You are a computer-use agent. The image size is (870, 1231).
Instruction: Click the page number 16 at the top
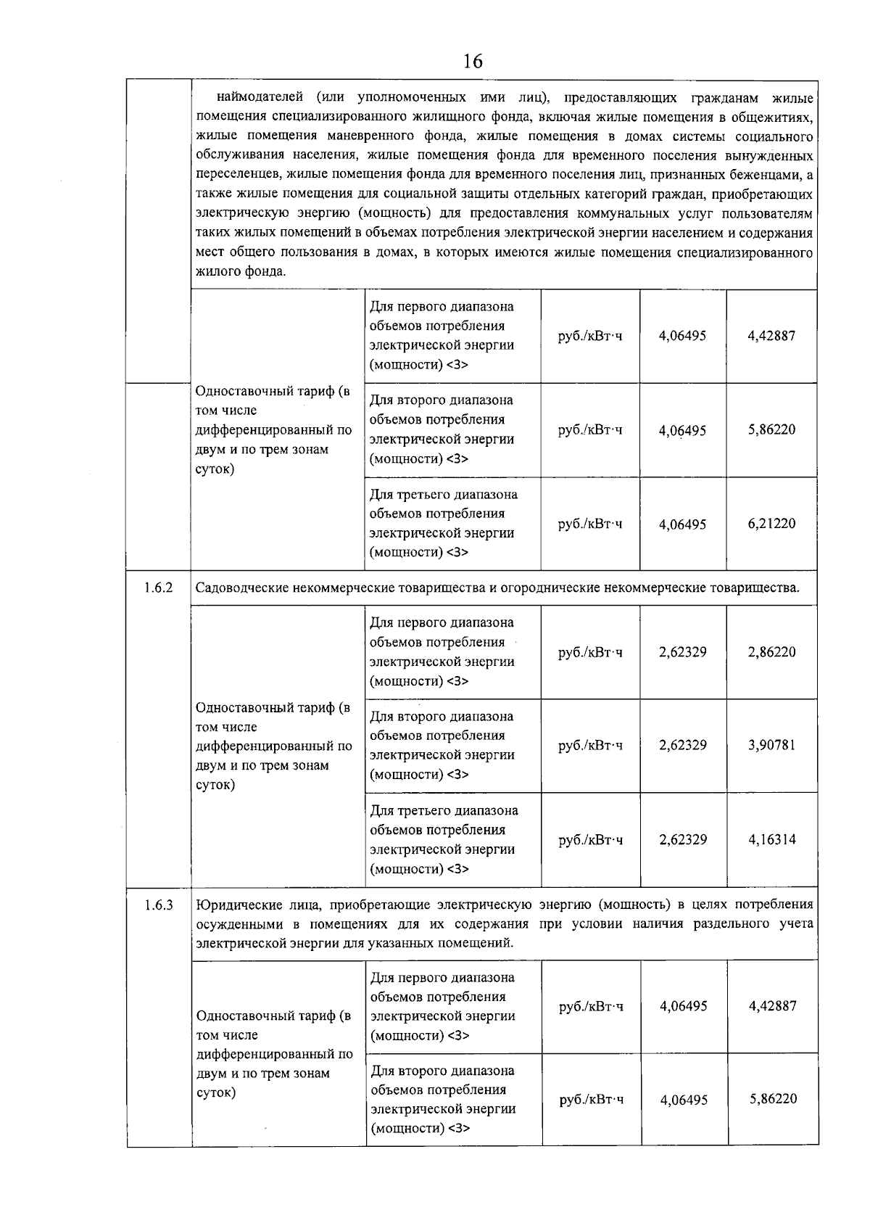click(472, 61)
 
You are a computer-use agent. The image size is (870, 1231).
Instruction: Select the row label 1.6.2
click(158, 588)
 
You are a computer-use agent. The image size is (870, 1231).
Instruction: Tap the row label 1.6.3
click(158, 905)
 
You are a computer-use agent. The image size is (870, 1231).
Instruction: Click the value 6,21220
click(771, 524)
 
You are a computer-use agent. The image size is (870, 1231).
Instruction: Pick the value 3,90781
click(771, 745)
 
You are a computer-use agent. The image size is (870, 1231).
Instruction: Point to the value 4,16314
click(771, 839)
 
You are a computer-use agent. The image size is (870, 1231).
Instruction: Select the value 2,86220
click(771, 651)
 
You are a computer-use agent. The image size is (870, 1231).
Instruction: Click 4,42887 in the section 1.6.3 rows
click(772, 1005)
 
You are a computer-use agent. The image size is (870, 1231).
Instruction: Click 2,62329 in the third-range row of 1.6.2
click(682, 839)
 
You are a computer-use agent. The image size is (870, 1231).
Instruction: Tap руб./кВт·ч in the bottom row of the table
click(591, 1100)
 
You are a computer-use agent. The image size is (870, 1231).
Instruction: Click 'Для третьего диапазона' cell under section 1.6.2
click(444, 810)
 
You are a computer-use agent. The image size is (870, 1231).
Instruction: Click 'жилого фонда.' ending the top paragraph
click(241, 272)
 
